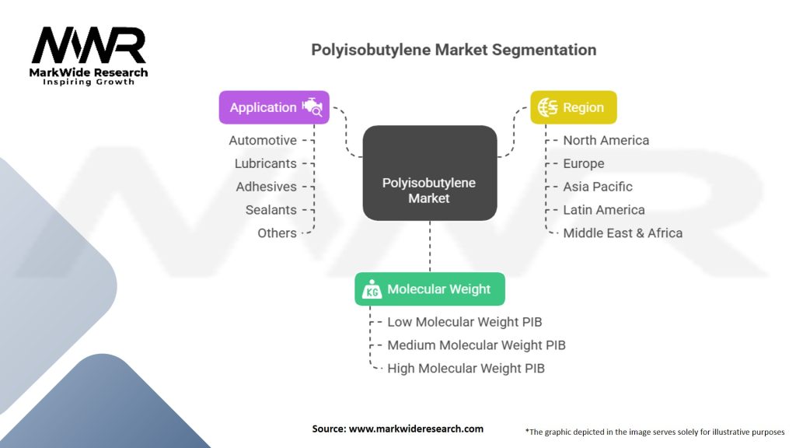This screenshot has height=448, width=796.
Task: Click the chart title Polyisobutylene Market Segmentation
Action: click(453, 50)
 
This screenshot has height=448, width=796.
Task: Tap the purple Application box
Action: click(274, 107)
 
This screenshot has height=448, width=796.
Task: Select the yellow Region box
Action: click(573, 107)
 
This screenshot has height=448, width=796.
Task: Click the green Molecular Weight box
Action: click(430, 289)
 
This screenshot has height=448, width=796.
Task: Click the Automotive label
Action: click(263, 140)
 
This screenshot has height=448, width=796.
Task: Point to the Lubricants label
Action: click(266, 163)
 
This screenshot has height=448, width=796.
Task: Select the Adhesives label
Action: click(266, 187)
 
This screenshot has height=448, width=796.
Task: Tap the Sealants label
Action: click(271, 210)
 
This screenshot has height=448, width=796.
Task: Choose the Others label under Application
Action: click(277, 233)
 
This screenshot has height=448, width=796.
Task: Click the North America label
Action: click(606, 140)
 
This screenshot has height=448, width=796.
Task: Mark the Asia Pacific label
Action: click(597, 187)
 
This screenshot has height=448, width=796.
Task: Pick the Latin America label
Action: click(603, 210)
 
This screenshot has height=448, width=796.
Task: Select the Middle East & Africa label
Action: click(622, 233)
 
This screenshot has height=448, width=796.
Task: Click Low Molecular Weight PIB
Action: click(464, 322)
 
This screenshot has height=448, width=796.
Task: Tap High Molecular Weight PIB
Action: click(466, 369)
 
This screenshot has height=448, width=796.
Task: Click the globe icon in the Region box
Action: click(547, 107)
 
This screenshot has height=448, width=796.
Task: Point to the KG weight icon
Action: click(370, 289)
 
